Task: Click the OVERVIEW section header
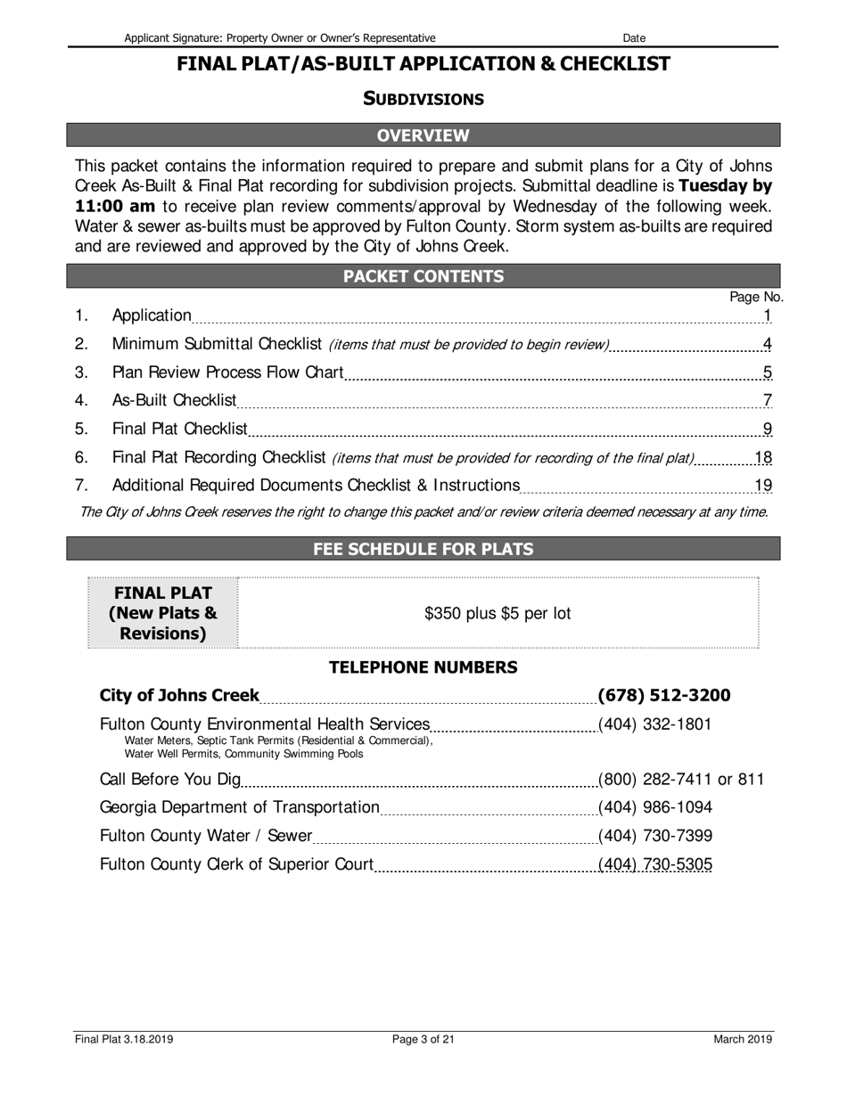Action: [423, 135]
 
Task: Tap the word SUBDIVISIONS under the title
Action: [423, 99]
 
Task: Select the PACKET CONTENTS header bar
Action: [423, 276]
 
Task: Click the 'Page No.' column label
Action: [756, 297]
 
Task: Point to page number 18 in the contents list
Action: [763, 458]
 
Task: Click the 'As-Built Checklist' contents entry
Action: [174, 400]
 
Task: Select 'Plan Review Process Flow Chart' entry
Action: [227, 372]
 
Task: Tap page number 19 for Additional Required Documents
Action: [763, 486]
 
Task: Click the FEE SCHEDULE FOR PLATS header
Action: [423, 549]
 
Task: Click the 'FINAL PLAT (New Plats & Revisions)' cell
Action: [163, 613]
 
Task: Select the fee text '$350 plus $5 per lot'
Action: [498, 613]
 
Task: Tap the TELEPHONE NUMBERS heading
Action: [423, 667]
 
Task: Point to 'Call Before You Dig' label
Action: [170, 780]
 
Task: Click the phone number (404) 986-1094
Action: [654, 807]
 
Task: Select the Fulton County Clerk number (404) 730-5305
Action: [654, 864]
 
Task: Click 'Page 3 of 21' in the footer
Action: [423, 1039]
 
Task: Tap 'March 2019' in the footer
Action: [742, 1039]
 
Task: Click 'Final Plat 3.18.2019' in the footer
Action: [124, 1039]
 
